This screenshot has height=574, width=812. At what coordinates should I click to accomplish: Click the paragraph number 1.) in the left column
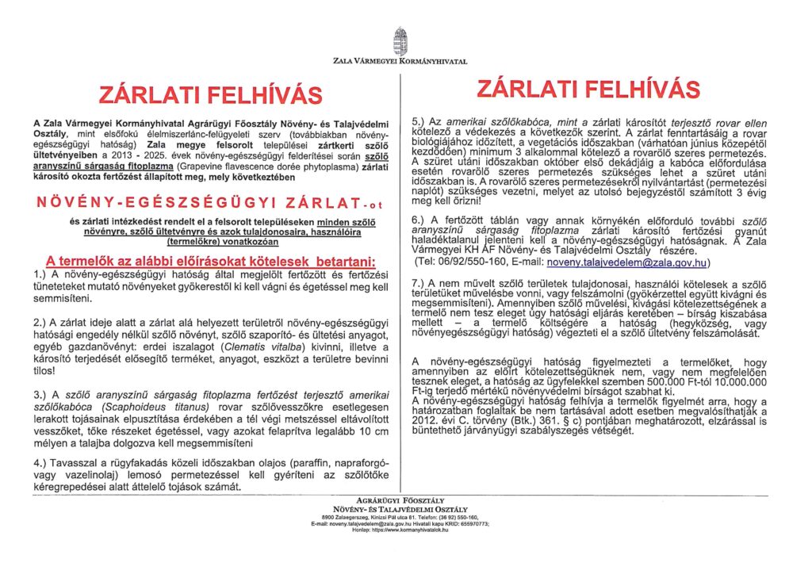[x=40, y=274]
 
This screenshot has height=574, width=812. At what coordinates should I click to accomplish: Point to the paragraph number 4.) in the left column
[x=42, y=461]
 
